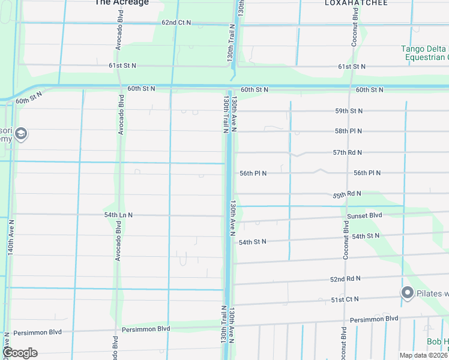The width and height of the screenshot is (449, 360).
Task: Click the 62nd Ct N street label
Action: point(176,23)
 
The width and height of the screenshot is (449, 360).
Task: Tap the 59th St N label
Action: point(349,111)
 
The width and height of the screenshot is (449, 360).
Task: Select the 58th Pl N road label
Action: point(349,131)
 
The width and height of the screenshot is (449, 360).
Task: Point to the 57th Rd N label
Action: point(348,153)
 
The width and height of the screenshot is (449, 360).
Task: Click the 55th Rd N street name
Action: point(347,194)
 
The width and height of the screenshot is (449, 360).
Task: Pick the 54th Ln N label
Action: point(118,215)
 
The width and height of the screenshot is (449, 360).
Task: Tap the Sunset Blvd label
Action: point(364,215)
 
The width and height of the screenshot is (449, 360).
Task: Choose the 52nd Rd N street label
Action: point(345,279)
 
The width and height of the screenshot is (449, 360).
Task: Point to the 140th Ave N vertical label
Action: point(10,238)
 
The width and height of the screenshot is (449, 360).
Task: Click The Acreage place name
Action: point(121,3)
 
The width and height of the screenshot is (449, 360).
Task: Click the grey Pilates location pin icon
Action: point(407,293)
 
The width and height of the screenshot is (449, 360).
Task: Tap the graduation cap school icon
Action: point(21,133)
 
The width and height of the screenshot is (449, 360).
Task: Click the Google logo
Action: point(19,353)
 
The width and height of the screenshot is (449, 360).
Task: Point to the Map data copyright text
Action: point(423,355)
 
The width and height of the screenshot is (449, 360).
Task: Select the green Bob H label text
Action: point(437,341)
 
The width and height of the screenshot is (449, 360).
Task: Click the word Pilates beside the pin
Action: point(432,293)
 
